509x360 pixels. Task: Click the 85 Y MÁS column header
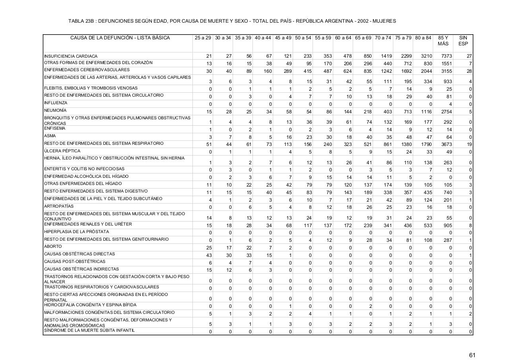coord(443,41)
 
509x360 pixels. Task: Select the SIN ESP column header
coord(463,41)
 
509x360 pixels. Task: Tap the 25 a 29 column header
coord(203,38)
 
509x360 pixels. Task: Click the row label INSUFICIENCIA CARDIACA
coord(71,56)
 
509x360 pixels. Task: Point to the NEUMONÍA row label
coord(55,111)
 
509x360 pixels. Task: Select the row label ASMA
coord(50,136)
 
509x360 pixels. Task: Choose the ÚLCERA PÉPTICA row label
coord(62,151)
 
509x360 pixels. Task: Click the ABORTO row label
coord(53,247)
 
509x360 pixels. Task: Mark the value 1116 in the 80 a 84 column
coord(426,112)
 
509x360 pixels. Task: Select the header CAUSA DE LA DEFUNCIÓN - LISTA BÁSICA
coord(120,38)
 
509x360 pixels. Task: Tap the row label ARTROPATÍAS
coord(59,206)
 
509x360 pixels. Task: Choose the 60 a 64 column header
coord(343,38)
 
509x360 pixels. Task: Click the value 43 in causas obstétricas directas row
coord(209,255)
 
